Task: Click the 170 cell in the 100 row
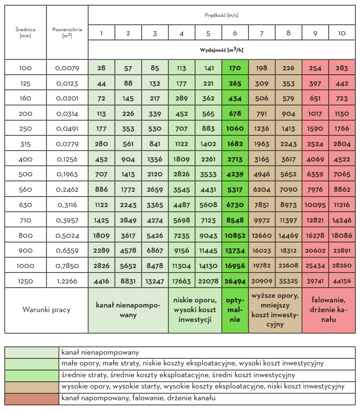tap(235, 68)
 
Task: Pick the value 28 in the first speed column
tap(101, 68)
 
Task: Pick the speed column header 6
tap(235, 33)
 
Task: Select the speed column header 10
tap(342, 33)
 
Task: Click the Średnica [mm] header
tap(25, 32)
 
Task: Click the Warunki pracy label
tap(46, 310)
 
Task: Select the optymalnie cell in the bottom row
tap(235, 310)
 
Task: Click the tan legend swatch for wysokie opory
tap(32, 386)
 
